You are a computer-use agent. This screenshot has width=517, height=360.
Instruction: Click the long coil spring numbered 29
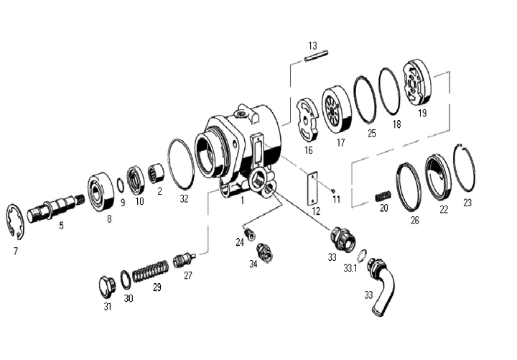(152, 272)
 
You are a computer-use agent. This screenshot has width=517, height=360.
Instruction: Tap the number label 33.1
(350, 267)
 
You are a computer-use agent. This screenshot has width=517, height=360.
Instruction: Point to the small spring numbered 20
(383, 195)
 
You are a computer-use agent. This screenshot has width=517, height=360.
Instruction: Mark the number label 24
(240, 242)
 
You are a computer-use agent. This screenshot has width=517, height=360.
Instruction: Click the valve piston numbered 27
(185, 259)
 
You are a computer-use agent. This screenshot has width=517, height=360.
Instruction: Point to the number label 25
(372, 133)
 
